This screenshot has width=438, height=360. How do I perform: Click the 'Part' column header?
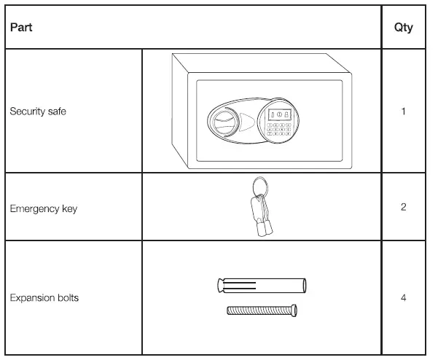[18, 28]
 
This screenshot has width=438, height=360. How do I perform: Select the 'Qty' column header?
[403, 28]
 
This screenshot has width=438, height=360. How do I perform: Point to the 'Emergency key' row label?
[43, 208]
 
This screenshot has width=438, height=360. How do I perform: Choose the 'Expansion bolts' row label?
[44, 298]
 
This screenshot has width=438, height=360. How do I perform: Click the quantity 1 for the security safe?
[403, 112]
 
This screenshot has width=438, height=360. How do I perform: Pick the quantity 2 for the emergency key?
[403, 208]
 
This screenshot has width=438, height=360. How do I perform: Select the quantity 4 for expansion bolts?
[403, 298]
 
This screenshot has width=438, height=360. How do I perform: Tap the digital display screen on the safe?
[278, 114]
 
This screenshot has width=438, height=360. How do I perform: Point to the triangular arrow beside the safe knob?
[247, 120]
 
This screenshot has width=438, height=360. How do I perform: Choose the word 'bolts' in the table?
[67, 298]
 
